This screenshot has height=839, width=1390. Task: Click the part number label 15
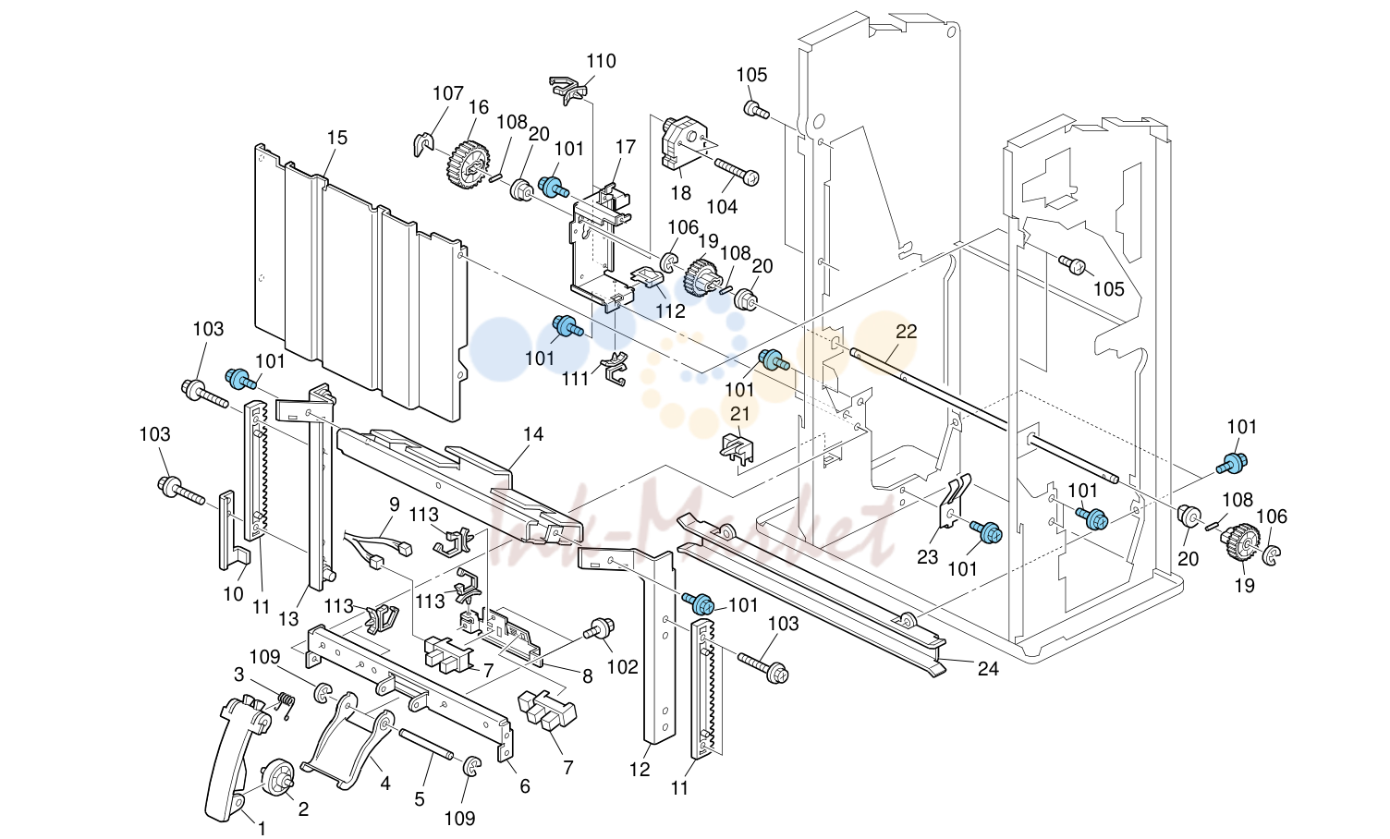337,138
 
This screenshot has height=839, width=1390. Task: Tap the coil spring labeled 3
285,705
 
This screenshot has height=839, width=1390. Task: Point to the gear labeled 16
469,164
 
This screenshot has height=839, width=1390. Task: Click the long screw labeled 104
738,171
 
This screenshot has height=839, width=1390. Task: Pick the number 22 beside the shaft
906,332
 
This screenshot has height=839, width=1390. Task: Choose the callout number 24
989,668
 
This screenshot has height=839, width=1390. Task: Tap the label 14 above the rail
533,434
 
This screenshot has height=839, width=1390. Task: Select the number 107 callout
448,93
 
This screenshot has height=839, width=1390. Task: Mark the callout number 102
622,667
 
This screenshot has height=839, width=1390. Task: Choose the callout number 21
740,413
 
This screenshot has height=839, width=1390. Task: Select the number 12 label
640,770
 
